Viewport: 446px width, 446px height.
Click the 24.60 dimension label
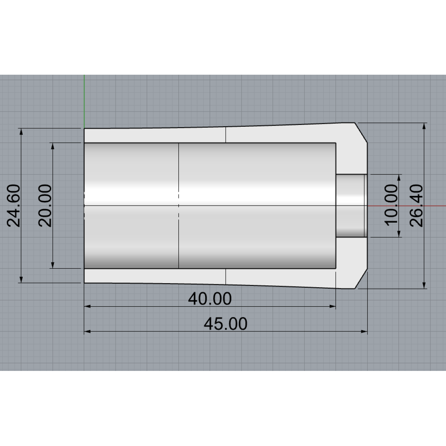tap(13, 206)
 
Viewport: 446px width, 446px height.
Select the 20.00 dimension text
tap(45, 206)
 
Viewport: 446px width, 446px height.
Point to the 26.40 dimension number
tap(416, 206)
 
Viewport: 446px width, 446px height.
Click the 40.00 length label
tap(210, 298)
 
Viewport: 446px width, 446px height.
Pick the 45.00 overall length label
tap(226, 324)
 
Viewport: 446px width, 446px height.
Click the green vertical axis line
tap(84, 101)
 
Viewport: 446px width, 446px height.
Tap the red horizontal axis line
tap(407, 206)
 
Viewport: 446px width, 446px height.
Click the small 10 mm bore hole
tap(351, 206)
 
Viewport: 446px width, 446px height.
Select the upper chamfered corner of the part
tap(361, 133)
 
